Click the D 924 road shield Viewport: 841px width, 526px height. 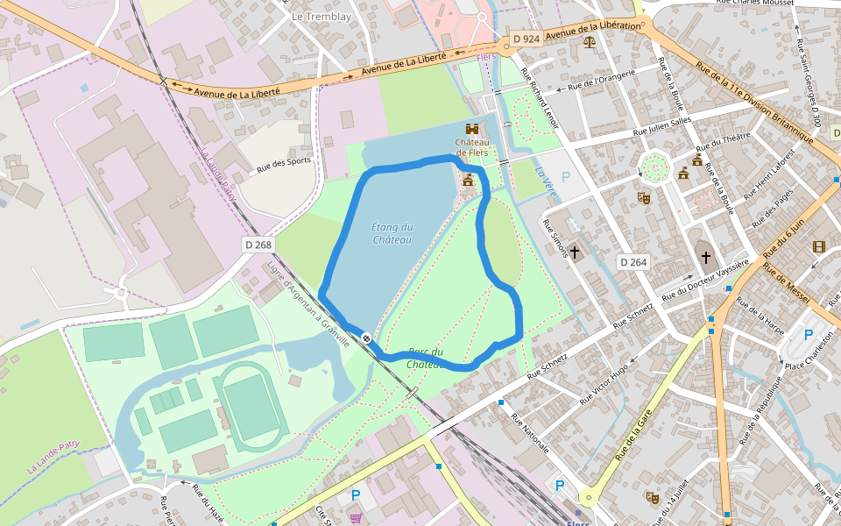(x=527, y=39)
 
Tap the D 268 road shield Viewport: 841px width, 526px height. (x=258, y=245)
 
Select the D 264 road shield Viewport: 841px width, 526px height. (x=633, y=262)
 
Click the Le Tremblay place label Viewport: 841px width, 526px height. (x=321, y=17)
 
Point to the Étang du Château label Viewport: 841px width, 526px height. (x=392, y=233)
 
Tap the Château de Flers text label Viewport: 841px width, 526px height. (x=471, y=147)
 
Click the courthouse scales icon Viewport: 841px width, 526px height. (x=589, y=41)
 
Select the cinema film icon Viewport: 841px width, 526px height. (x=818, y=247)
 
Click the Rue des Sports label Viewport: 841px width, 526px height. (x=284, y=166)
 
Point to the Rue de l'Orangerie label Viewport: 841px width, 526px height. (x=601, y=81)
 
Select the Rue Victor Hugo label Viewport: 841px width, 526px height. (x=604, y=383)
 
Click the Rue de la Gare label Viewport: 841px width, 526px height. (x=636, y=438)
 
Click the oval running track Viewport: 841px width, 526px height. (x=250, y=406)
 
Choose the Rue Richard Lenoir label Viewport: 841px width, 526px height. (x=539, y=98)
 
